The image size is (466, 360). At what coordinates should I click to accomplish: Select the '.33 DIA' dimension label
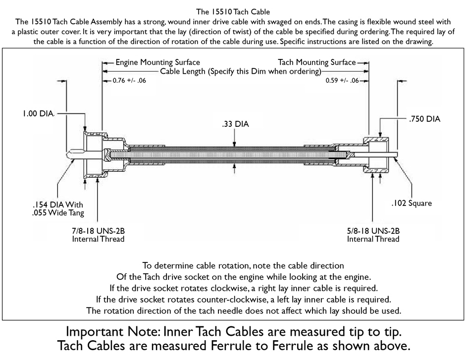point(236,124)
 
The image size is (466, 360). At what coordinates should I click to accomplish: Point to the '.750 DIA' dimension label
point(424,119)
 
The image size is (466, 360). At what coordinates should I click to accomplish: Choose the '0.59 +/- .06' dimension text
point(342,80)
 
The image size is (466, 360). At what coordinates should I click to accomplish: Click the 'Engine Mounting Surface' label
point(157,62)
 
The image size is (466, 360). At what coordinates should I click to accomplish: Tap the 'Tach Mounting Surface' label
point(317,62)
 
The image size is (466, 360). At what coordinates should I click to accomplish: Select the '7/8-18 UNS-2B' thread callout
point(96,231)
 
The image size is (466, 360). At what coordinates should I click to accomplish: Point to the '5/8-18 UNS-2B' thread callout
point(373,231)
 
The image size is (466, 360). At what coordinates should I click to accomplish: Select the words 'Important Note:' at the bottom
point(119,331)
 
